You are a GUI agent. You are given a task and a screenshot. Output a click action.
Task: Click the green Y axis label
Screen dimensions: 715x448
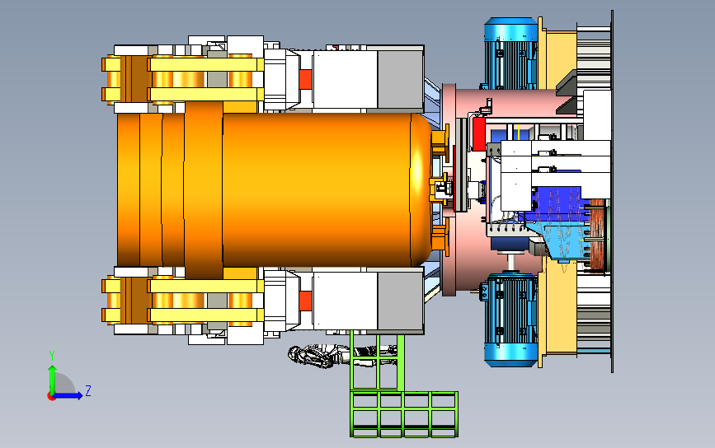point(52,356)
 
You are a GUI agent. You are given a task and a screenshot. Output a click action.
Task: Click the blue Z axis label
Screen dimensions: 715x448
point(88,390)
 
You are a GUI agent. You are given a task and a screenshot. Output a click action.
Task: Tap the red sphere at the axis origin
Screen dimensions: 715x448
point(51,397)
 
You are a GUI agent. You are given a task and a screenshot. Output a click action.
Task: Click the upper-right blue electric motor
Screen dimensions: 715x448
point(510,54)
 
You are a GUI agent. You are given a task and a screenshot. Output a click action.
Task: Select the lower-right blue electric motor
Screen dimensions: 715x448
point(510,320)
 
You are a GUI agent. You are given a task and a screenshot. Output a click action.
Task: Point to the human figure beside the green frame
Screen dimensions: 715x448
point(342,356)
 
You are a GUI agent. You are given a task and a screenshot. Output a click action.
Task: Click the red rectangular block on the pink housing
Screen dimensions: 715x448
point(478,134)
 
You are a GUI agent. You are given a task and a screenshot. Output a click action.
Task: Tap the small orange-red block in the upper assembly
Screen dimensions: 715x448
point(305,79)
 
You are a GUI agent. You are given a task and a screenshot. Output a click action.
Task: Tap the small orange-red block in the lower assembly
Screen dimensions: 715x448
point(305,301)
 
